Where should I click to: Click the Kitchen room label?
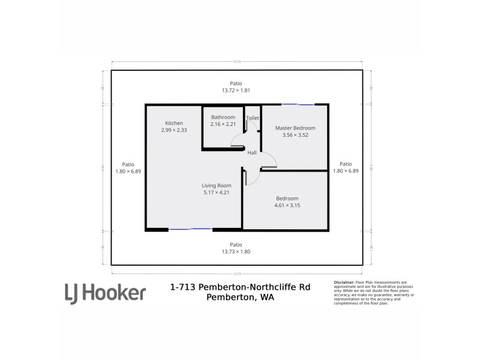(174, 123)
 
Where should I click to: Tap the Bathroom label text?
(223, 117)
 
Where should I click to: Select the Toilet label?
(253, 118)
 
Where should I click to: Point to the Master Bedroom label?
(295, 128)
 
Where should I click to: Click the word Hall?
(252, 153)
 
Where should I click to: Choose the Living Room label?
(216, 185)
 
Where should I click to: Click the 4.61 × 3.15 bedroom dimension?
(287, 205)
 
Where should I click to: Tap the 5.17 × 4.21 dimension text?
(216, 193)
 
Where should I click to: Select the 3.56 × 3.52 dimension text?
(295, 135)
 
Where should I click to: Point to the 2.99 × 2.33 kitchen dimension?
(174, 130)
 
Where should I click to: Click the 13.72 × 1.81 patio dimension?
(236, 91)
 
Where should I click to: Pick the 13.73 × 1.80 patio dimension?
(236, 251)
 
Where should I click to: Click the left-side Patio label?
(128, 164)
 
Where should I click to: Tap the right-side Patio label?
(346, 164)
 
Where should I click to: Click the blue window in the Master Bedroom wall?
(298, 105)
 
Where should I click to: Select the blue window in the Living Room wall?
(190, 229)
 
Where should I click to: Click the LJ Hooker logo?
(105, 293)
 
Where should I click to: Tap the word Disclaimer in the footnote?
(344, 282)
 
